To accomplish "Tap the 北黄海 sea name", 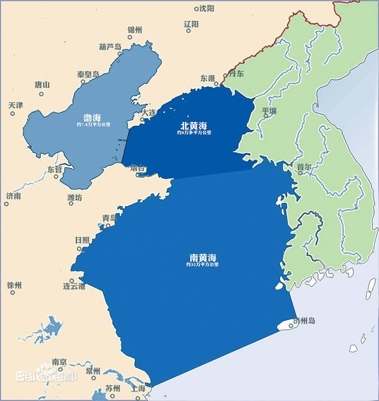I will tap(194, 125).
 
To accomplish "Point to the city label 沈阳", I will tap(207, 8).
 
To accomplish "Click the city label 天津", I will tap(16, 106).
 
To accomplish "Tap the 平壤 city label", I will tap(269, 110).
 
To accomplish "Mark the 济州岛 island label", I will tap(304, 321).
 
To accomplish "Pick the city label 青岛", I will tap(109, 218).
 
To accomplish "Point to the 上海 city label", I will tap(137, 389).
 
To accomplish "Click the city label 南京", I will tap(59, 362).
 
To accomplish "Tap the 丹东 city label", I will tap(236, 74).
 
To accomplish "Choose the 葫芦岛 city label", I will tap(110, 47).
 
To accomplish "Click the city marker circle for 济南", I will tap(7, 204).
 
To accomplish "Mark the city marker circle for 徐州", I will tap(7, 294).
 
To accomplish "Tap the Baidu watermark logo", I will tap(46, 375).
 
